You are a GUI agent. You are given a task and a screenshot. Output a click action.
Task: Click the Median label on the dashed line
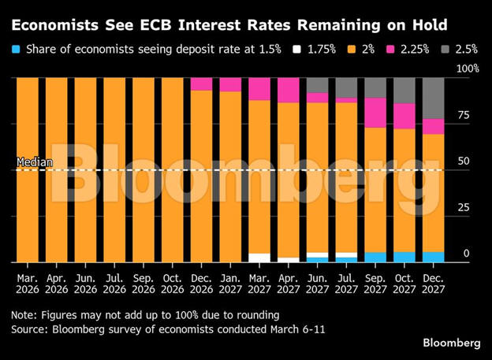35,164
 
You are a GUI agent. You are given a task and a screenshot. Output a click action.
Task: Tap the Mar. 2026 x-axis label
28,282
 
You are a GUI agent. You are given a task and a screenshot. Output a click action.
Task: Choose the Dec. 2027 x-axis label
432,282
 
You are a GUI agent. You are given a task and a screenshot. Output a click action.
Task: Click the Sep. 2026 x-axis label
143,282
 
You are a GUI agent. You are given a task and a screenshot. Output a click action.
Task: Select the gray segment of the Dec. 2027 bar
432,98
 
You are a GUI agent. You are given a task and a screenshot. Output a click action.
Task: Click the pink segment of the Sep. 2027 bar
375,112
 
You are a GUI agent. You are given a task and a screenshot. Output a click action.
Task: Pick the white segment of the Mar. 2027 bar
259,258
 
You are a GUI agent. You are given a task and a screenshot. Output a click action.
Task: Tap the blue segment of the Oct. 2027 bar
404,257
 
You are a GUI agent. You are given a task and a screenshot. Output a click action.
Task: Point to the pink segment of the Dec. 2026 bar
201,84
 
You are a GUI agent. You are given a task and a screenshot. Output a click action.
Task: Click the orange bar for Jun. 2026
85,169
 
